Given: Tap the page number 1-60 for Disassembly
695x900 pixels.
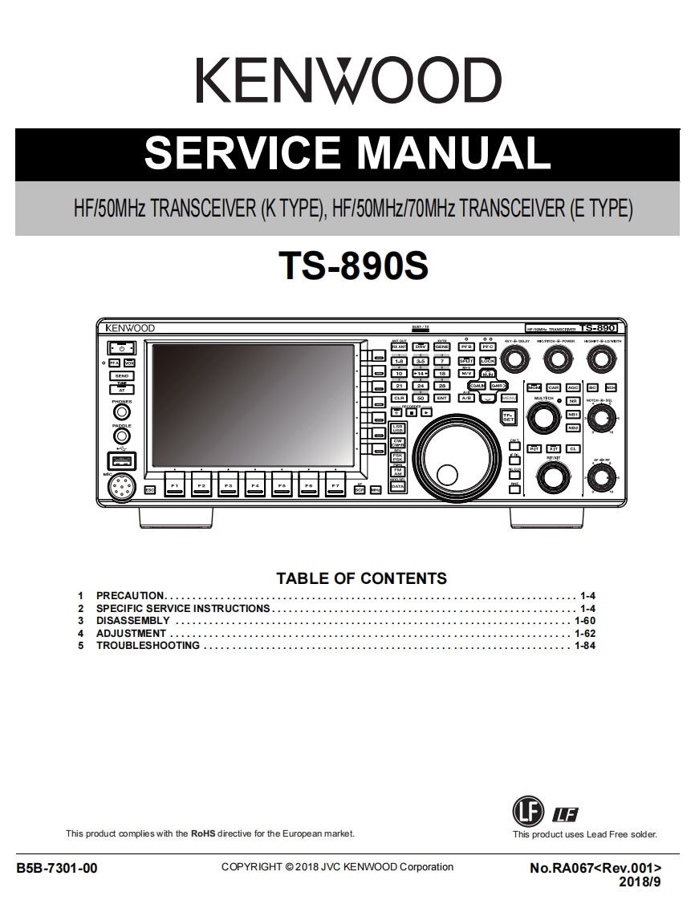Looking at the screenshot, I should tap(584, 621).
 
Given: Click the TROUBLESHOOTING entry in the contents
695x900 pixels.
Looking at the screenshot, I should tap(148, 646).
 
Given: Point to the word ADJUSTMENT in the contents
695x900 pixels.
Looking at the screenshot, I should tap(131, 634).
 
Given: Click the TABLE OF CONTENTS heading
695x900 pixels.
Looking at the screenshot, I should tap(361, 578).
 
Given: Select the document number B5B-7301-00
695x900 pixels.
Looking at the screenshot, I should tap(57, 868).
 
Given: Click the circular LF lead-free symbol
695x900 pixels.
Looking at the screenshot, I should tap(527, 811).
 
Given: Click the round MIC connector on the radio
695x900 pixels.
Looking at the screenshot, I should tap(122, 486).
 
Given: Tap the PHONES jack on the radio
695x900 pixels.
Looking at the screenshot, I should tap(122, 413).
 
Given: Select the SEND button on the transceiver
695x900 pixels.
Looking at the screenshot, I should tap(122, 375).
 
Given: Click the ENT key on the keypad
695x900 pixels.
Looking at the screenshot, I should tap(441, 398).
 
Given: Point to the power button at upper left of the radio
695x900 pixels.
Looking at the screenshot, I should tap(121, 349).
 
